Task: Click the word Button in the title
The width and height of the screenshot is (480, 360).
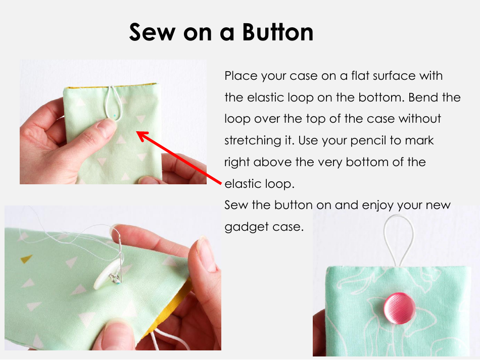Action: point(277,32)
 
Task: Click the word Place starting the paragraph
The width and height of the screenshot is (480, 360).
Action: point(241,76)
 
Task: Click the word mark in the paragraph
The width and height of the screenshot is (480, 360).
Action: point(420,140)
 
